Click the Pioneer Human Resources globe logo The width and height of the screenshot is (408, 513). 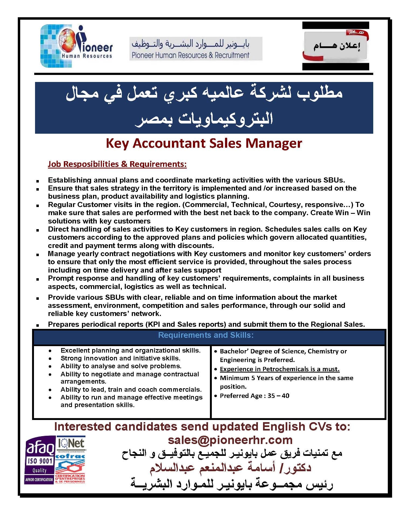76,46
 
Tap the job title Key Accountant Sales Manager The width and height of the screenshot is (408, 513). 204,143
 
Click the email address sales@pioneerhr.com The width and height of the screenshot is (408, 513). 230,440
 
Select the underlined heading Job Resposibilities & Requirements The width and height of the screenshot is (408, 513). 117,164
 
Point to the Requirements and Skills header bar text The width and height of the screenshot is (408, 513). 206,335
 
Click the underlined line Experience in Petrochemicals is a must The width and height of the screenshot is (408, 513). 280,369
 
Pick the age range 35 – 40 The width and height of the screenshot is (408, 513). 278,396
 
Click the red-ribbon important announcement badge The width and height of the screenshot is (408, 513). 336,46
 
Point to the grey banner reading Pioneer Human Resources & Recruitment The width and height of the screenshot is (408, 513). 196,49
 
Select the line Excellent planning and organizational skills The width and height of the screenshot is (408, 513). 130,350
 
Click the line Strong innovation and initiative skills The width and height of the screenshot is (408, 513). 120,358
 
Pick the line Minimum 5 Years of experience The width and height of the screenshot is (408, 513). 286,378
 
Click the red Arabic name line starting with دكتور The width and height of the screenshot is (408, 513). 230,467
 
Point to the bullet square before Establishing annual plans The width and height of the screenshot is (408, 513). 37,180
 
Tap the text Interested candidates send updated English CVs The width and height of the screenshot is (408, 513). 202,427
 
